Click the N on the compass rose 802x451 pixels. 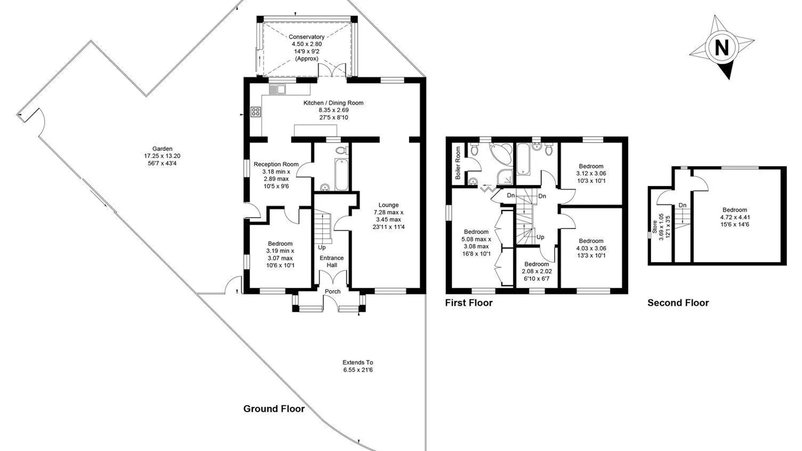coord(721,47)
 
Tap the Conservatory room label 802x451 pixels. coord(306,37)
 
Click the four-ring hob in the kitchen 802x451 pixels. coord(256,112)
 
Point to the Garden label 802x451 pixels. coord(162,149)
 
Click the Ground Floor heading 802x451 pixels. coord(274,409)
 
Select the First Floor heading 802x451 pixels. coord(469,303)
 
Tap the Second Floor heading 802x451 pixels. coord(678,303)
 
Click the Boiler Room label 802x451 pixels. coord(458,163)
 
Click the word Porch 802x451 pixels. coord(333,291)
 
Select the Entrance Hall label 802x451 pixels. coord(331,261)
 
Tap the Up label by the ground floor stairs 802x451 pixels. coord(322,248)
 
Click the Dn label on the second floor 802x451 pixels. coord(682,205)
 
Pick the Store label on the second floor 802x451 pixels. coord(655,227)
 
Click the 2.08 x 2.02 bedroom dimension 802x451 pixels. coord(537,271)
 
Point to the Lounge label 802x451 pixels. coord(388,205)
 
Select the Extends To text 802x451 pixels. coord(358,362)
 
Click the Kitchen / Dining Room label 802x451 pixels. coord(333,103)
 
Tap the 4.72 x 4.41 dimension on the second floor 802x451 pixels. coord(735,217)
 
